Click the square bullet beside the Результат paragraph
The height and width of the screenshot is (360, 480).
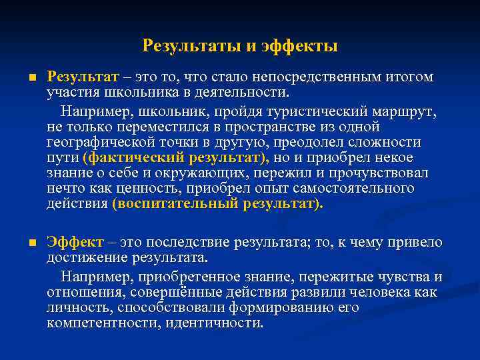point(31,79)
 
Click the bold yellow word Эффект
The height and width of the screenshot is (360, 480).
point(75,243)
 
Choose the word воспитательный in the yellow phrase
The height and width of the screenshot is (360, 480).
point(175,205)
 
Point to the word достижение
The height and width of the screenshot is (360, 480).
point(83,257)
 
